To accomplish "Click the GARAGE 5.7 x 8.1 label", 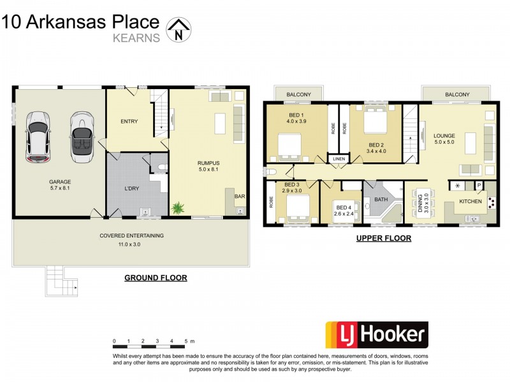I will pyautogui.click(x=59, y=184).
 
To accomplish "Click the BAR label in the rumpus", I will pyautogui.click(x=240, y=197).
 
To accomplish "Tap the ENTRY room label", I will pyautogui.click(x=129, y=121).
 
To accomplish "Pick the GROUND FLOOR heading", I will pyautogui.click(x=155, y=278).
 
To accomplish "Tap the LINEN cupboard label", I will pyautogui.click(x=338, y=159).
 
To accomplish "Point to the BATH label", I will pyautogui.click(x=381, y=200).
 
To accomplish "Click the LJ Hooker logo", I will pyautogui.click(x=377, y=334).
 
